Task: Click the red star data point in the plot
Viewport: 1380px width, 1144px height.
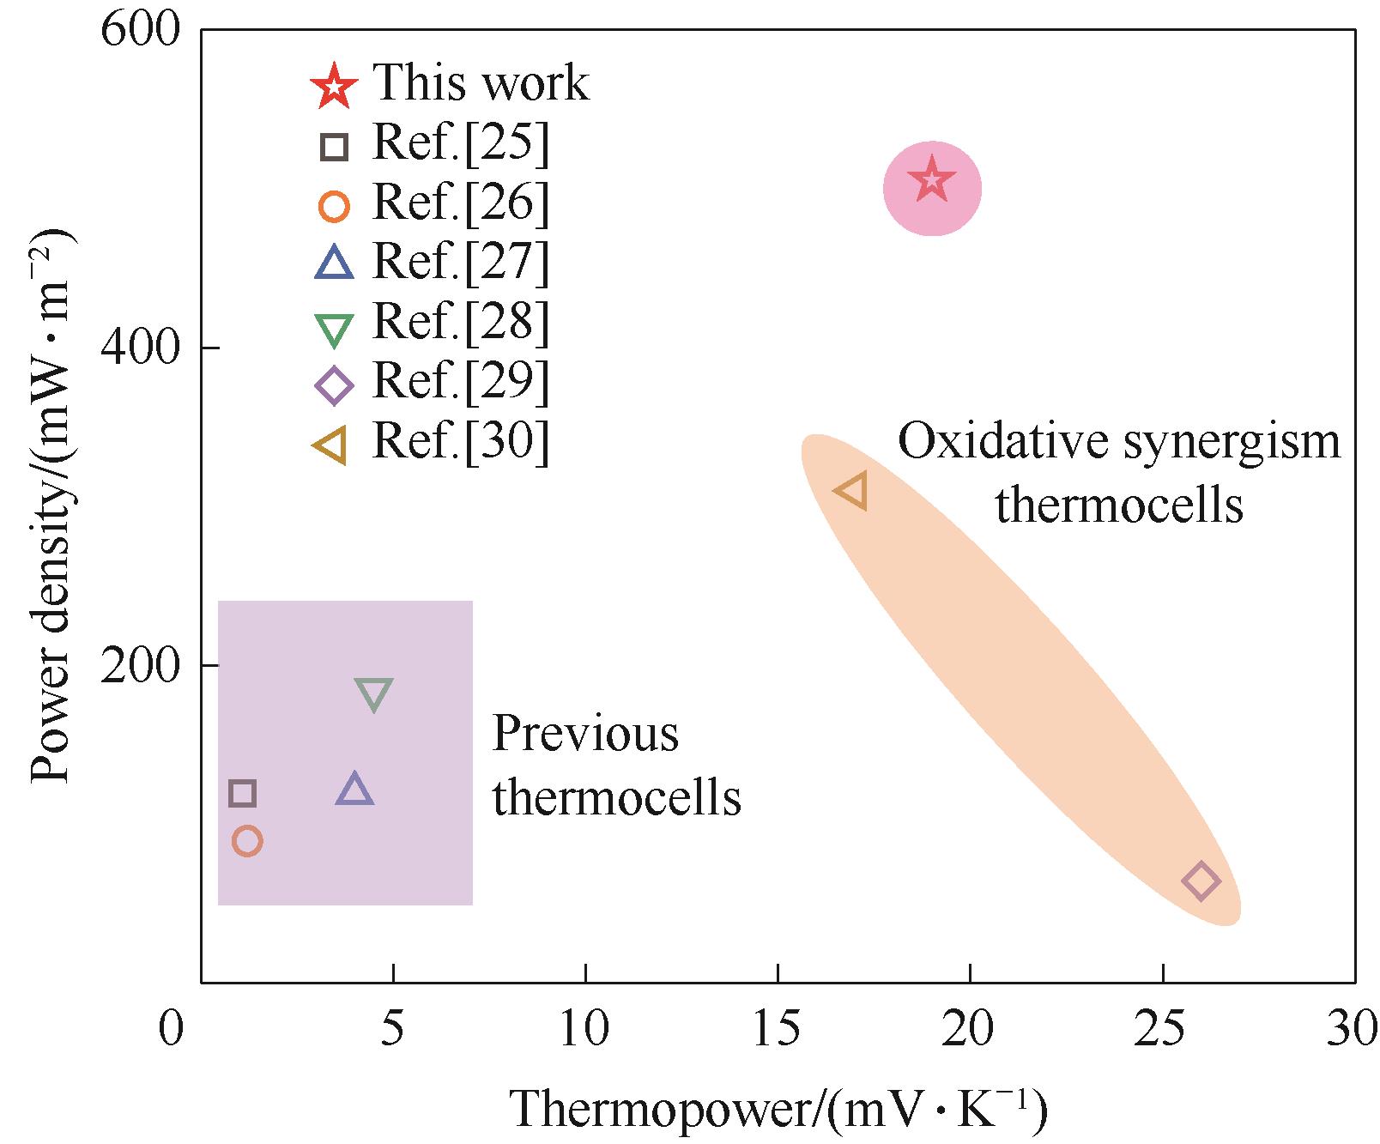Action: [932, 182]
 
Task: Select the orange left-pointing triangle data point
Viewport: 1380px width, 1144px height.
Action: [852, 492]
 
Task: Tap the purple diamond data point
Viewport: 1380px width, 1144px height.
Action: [1201, 881]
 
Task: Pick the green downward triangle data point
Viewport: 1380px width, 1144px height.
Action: [374, 693]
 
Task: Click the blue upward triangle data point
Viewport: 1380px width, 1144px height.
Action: [354, 790]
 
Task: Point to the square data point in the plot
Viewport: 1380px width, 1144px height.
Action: [243, 794]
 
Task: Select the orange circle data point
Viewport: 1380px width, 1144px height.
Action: [247, 841]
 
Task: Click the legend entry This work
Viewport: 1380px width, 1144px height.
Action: [481, 83]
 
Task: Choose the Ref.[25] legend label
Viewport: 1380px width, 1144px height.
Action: [460, 143]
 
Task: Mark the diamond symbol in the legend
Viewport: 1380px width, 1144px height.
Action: [334, 385]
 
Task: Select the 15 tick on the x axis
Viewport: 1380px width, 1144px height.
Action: [777, 1028]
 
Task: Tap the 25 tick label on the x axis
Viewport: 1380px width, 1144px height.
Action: [1162, 1028]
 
